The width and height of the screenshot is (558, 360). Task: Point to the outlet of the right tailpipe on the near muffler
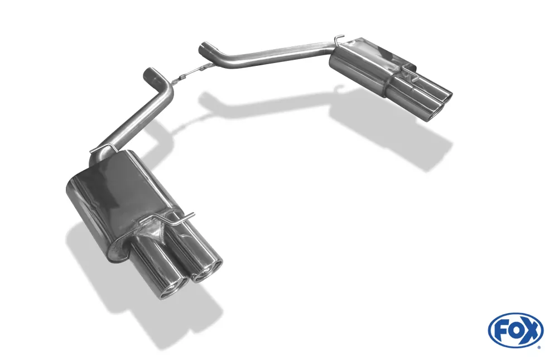tap(207, 271)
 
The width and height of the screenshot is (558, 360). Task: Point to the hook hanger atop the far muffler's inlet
tap(338, 40)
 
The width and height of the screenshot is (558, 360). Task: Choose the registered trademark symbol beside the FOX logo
tap(538, 347)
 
